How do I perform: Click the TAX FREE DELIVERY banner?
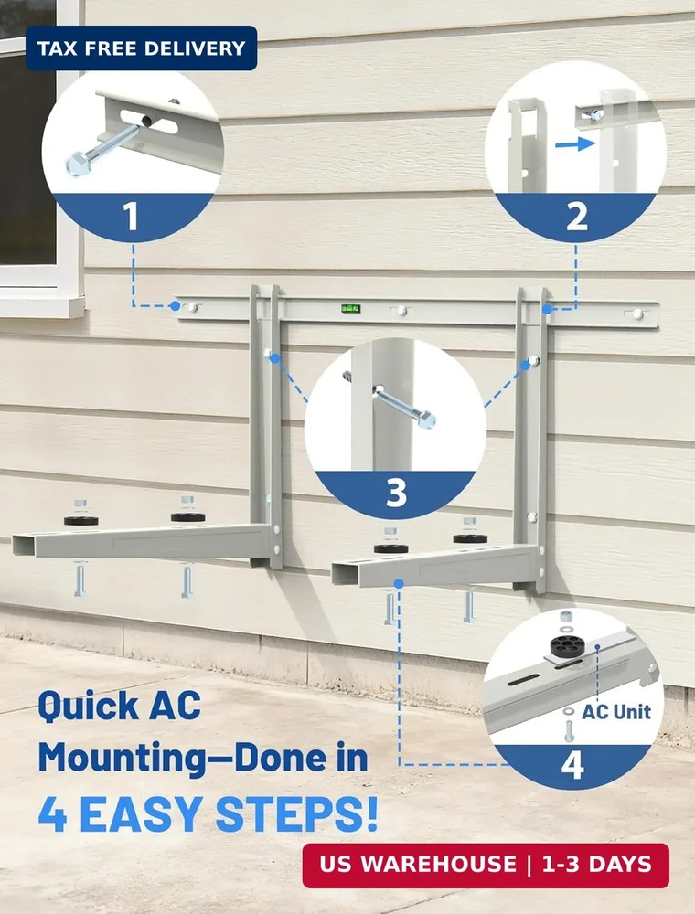point(141,48)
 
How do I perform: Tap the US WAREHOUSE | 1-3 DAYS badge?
point(486,865)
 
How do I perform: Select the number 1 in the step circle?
point(131,218)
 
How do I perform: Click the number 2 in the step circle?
point(576,218)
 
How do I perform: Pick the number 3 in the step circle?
point(395,494)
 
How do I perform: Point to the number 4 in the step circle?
point(572,765)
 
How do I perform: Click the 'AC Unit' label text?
point(616,711)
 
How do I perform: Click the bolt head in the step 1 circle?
point(77,165)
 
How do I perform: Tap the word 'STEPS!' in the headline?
point(305,813)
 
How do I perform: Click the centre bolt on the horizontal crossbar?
point(400,311)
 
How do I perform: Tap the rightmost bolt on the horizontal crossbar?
point(637,314)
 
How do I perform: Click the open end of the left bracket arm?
point(22,546)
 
